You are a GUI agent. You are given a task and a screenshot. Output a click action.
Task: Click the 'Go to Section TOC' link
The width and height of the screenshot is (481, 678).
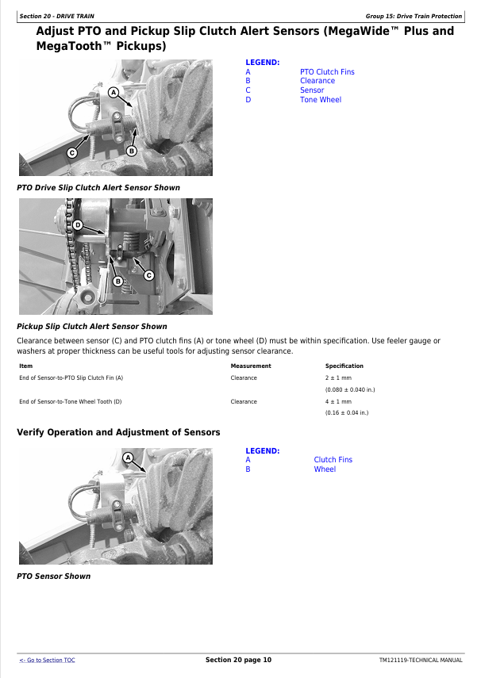click(47, 660)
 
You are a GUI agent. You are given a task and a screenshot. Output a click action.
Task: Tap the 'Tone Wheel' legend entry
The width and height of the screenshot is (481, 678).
click(321, 99)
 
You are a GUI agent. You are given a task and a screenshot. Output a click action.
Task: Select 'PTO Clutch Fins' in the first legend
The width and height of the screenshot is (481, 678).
click(327, 72)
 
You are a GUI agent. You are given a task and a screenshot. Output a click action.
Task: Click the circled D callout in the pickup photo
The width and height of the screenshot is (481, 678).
click(78, 225)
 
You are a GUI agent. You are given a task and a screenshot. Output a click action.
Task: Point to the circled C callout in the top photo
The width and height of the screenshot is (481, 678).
click(72, 152)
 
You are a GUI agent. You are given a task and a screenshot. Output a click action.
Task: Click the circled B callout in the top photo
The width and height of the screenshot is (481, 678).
click(132, 151)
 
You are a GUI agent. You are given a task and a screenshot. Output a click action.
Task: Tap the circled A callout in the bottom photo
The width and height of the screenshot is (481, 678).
click(128, 458)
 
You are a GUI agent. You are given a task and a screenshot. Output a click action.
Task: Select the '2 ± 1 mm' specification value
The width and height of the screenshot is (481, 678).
click(338, 378)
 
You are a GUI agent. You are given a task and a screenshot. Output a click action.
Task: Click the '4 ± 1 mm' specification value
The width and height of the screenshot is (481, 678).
click(338, 402)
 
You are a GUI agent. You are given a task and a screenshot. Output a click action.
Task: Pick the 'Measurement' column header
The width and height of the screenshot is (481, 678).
click(251, 366)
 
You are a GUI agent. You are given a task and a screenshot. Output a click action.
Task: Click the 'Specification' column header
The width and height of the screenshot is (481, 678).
click(344, 366)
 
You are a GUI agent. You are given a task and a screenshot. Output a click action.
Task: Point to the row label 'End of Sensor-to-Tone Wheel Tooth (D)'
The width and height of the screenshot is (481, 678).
click(71, 402)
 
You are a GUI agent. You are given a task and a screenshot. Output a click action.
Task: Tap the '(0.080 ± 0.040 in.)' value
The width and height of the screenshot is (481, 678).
click(350, 389)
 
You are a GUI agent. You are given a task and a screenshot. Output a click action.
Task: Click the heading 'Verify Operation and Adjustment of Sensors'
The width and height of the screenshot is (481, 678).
click(118, 432)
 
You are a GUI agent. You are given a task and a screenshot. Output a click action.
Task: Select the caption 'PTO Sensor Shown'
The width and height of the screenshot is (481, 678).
click(54, 576)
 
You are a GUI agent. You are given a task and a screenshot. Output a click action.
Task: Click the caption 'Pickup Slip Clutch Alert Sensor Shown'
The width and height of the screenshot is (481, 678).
click(92, 327)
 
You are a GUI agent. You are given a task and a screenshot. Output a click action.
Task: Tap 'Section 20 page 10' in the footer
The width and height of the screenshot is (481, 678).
click(239, 660)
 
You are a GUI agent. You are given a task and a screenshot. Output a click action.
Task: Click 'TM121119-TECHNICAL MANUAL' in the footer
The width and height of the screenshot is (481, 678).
click(421, 661)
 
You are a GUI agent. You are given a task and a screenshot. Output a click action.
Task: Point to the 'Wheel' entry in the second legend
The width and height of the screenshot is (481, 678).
click(325, 469)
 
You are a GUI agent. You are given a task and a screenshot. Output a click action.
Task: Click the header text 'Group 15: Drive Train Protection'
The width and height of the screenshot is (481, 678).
click(414, 16)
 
